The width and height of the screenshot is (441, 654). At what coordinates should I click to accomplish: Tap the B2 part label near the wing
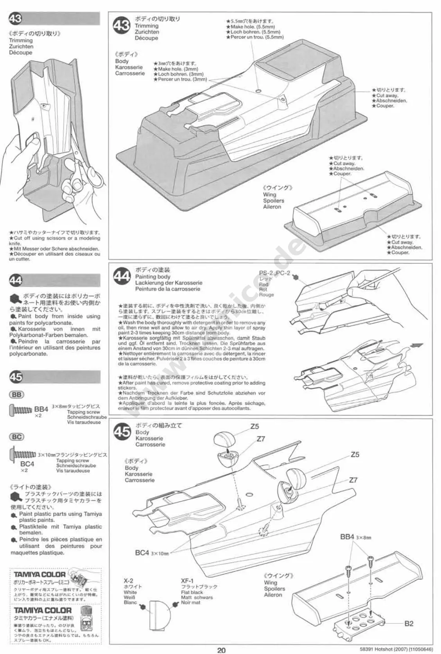click(409, 624)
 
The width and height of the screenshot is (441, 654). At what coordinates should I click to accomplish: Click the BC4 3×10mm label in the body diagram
click(152, 553)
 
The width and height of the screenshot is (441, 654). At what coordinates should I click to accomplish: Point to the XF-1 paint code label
click(187, 581)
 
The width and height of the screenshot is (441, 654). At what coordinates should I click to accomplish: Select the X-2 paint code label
click(129, 581)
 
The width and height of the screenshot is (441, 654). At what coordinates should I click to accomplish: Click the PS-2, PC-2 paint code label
click(274, 273)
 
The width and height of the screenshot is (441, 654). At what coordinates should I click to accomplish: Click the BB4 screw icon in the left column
click(20, 410)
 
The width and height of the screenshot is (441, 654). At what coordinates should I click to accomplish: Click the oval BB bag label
click(17, 395)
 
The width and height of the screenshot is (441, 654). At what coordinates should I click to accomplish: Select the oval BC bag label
click(17, 437)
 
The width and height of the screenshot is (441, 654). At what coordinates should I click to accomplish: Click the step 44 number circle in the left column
click(16, 280)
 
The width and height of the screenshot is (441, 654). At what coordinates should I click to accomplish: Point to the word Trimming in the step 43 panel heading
click(147, 26)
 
